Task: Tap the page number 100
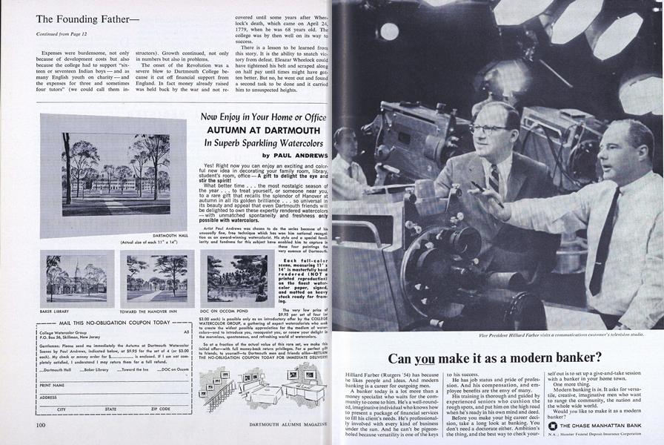point(41,424)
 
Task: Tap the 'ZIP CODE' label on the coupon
point(161,409)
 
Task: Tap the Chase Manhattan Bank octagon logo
point(552,426)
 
